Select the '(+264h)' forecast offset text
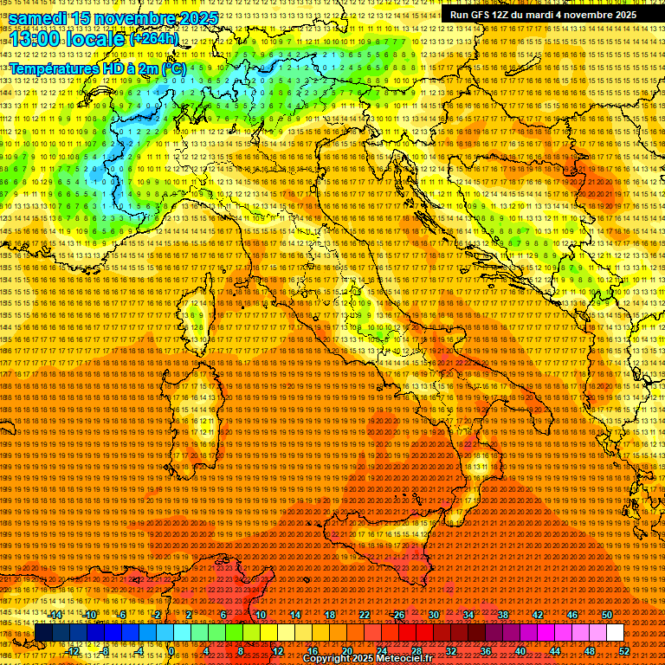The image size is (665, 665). point(154,38)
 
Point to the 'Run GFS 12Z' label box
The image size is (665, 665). point(543,14)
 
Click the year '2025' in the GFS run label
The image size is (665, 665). point(621,14)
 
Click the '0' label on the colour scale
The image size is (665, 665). point(171,651)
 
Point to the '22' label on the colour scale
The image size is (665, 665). point(364,615)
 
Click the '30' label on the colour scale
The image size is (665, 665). point(433,615)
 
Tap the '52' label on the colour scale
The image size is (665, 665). point(624,651)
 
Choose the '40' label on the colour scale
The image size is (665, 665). point(520,651)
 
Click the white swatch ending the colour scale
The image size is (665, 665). point(615,633)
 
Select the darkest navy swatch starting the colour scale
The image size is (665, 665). point(43,633)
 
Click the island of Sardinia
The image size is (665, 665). point(190,416)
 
